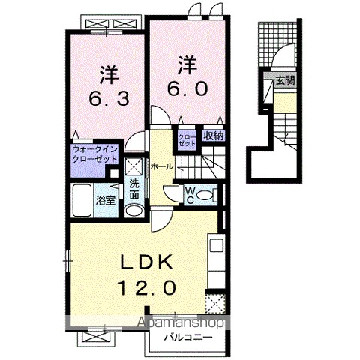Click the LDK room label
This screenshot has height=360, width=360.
point(147,262)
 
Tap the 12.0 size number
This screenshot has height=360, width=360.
point(147,287)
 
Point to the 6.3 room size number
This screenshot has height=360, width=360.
point(109,98)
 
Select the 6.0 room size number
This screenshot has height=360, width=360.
point(187,88)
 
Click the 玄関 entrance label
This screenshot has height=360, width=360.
point(286,80)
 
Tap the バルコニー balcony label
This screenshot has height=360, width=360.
point(188,337)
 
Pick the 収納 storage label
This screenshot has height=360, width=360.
point(214,136)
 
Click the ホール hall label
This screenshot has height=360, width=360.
point(162,166)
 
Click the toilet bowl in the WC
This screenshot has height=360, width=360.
point(205,195)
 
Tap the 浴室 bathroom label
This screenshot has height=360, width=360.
point(106,200)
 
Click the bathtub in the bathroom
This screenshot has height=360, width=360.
point(82,200)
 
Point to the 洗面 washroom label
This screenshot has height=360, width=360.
point(134,190)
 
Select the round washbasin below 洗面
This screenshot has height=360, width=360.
point(134,211)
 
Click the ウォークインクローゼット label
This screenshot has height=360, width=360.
point(94,154)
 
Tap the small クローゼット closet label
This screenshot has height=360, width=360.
point(187,140)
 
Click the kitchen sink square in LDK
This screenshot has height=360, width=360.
point(217,245)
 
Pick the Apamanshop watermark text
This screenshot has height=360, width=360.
point(181,322)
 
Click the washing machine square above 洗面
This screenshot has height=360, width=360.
point(134,166)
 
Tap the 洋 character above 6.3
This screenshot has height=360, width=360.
point(109,75)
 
